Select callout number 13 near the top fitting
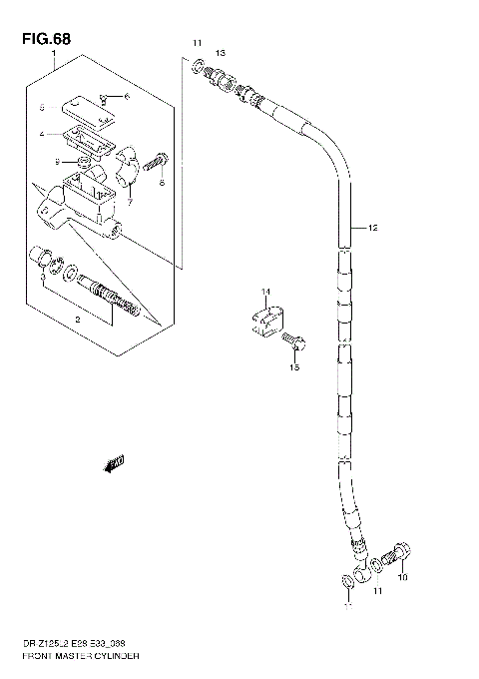pos(221,52)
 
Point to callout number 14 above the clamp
pos(265,292)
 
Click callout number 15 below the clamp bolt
pos(293,367)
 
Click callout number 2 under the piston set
pos(77,320)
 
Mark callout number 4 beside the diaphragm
pos(42,133)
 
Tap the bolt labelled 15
pos(293,345)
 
